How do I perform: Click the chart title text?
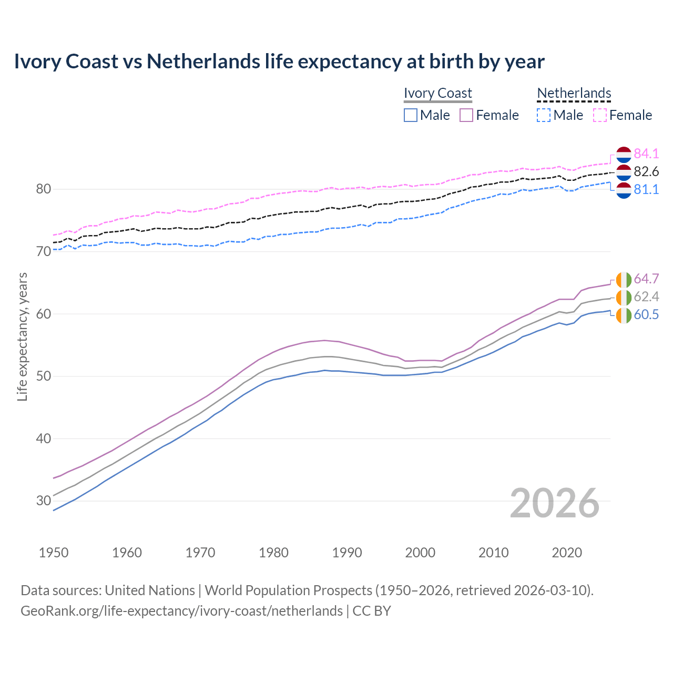279,62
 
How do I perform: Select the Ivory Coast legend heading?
437,93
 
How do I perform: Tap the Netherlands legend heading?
574,93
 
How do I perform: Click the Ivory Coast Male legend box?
411,115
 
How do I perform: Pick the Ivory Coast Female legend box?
466,115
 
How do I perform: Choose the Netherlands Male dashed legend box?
544,115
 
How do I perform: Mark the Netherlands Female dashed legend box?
600,115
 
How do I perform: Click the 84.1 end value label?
646,154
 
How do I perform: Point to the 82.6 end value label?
646,171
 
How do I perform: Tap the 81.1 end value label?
646,189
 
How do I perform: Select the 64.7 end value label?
646,279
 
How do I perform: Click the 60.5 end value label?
646,314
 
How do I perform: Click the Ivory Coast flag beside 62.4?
624,297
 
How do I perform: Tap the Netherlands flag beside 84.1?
624,154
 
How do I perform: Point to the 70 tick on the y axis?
43,251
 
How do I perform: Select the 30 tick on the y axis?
43,501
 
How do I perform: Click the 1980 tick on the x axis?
273,553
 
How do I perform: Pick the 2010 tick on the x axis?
493,553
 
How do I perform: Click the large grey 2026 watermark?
554,503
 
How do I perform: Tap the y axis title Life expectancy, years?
22,336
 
